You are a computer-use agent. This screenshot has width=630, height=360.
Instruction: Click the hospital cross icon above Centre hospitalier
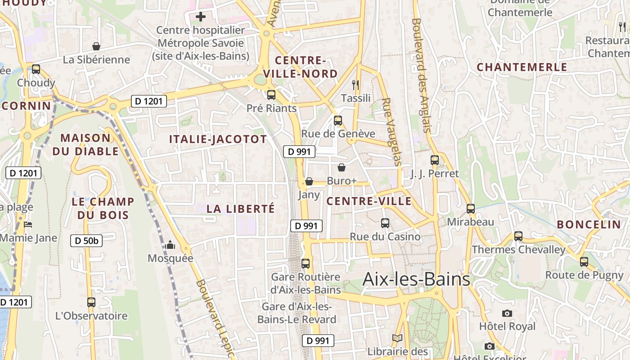coord(201,17)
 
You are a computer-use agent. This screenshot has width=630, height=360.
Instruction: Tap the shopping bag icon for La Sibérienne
coord(96,46)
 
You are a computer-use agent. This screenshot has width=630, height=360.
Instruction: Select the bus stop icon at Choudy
coord(36,69)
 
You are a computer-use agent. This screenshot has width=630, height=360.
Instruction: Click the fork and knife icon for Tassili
coord(355,84)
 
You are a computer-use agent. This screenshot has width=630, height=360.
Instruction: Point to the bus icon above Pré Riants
coord(271,95)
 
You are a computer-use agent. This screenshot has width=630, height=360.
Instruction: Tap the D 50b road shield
coord(86,241)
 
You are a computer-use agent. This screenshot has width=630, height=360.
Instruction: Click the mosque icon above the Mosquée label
coord(170,245)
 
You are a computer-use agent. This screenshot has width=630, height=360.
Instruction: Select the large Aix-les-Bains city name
coord(416,279)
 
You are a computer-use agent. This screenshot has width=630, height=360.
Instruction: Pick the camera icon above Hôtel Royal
coord(507,313)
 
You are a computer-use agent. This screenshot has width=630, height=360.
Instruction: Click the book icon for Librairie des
coord(397,338)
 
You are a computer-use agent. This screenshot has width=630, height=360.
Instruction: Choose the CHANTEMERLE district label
coord(522,67)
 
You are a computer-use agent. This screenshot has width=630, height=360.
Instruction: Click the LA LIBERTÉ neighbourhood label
coord(240,209)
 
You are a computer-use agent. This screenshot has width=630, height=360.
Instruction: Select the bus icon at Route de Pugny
coord(584,261)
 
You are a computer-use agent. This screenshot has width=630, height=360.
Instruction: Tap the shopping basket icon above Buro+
coord(342,167)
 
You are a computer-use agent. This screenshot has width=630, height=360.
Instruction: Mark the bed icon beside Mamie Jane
coord(28,224)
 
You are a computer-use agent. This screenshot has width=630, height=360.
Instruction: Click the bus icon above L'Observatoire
coord(91,302)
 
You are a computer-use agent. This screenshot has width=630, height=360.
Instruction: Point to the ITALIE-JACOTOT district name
coord(218,139)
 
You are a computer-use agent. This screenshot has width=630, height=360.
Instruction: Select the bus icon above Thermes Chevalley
coord(518,236)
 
